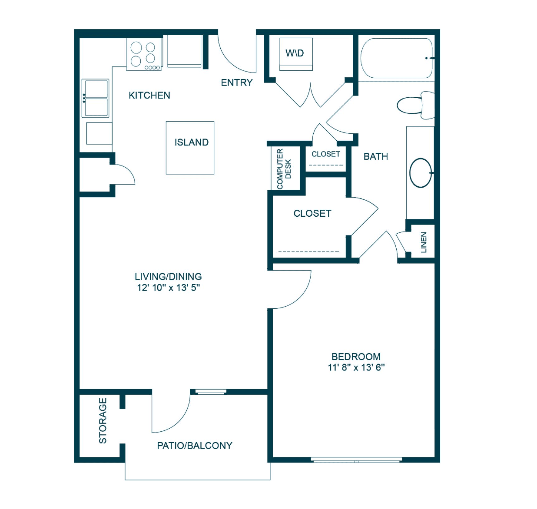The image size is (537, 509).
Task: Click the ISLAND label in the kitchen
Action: [x=192, y=142]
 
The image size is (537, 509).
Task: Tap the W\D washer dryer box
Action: [x=296, y=54]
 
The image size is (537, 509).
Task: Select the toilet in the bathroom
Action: [x=415, y=105]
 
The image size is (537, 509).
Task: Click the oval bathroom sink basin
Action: [x=421, y=173]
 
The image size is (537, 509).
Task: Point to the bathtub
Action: [x=397, y=58]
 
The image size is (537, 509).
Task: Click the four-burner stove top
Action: [x=144, y=55]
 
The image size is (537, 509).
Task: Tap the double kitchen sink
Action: [x=95, y=98]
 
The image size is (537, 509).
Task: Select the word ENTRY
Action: [x=236, y=83]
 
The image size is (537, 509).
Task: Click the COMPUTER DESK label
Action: [x=284, y=169]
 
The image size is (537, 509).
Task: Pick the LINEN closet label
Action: [x=423, y=242]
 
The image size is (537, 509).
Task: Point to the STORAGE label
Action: [x=103, y=421]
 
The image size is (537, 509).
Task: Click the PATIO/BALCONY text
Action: [x=195, y=446]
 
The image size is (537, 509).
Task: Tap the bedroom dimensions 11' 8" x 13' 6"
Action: [x=356, y=367]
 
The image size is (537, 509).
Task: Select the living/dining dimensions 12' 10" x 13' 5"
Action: [x=169, y=288]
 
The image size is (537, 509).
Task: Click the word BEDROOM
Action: [x=356, y=357]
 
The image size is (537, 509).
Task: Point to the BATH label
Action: [x=375, y=156]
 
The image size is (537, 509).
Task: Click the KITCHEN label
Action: [x=149, y=95]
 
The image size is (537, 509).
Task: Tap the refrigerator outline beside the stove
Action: [x=184, y=51]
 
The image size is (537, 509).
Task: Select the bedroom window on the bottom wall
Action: [x=356, y=461]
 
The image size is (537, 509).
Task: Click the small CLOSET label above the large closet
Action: [x=325, y=154]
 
